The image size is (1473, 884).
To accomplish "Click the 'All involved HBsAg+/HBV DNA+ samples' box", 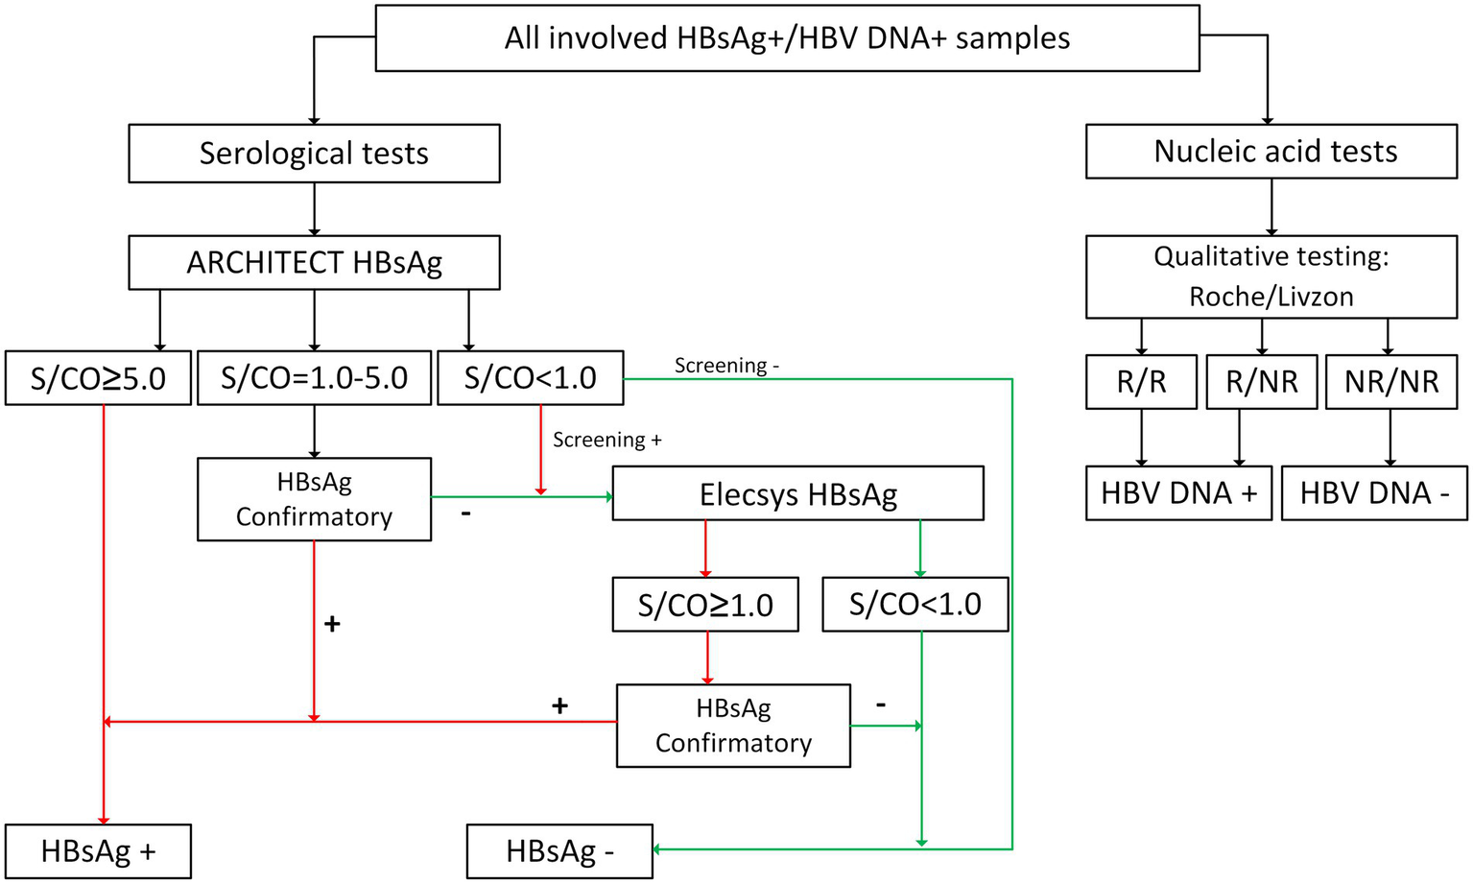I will click(787, 38).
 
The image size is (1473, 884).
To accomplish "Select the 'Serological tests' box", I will click(314, 154).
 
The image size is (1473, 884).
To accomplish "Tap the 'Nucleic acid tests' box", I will click(1271, 152).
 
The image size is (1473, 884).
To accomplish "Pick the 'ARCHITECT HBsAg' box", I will click(314, 263).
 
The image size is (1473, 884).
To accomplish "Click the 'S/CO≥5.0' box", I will click(98, 378).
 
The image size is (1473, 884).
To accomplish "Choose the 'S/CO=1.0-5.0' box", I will click(314, 378).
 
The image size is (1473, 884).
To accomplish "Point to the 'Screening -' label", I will click(726, 366).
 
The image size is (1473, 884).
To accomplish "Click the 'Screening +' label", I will click(606, 440).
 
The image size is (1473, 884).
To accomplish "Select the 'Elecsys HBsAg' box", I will click(797, 494).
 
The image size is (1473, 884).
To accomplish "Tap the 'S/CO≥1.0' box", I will click(705, 605).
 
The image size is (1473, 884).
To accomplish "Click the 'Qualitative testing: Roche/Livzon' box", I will click(1271, 276).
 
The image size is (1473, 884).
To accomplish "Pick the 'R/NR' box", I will click(1261, 382).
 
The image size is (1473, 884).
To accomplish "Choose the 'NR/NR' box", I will click(1390, 382).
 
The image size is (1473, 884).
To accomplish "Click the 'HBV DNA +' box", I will click(1178, 493).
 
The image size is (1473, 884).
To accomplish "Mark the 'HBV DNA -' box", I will click(1373, 493).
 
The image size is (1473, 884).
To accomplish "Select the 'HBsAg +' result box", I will click(98, 851).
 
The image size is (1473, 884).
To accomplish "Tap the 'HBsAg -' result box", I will click(559, 851).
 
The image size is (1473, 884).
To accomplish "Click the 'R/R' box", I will click(1141, 382).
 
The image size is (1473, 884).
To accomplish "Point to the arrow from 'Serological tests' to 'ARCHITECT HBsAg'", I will click(315, 208).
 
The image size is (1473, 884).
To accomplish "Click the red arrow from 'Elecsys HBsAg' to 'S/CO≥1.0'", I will click(705, 548).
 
